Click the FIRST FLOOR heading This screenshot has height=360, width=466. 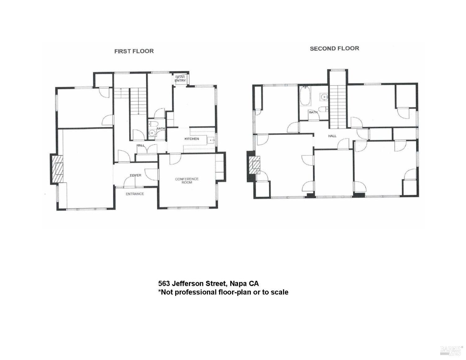pyautogui.click(x=134, y=51)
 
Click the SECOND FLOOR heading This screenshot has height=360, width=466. pyautogui.click(x=334, y=48)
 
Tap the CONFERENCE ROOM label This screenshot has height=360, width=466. pyautogui.click(x=186, y=180)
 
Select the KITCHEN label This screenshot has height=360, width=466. pyautogui.click(x=192, y=139)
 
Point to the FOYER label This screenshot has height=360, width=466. pyautogui.click(x=135, y=175)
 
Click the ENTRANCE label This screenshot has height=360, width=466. pyautogui.click(x=135, y=194)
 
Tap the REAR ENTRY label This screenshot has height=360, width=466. pyautogui.click(x=180, y=79)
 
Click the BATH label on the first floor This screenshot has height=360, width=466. pyautogui.click(x=161, y=128)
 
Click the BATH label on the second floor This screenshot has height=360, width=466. pyautogui.click(x=313, y=112)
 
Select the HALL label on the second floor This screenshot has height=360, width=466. pyautogui.click(x=332, y=136)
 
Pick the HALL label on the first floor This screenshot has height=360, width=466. pyautogui.click(x=140, y=145)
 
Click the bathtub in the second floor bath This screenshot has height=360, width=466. pyautogui.click(x=304, y=96)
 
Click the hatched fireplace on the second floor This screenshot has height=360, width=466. pyautogui.click(x=256, y=166)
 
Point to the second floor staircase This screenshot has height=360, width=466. pyautogui.click(x=338, y=106)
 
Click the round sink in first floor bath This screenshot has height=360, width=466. pyautogui.click(x=152, y=133)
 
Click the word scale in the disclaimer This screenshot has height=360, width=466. pyautogui.click(x=279, y=292)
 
